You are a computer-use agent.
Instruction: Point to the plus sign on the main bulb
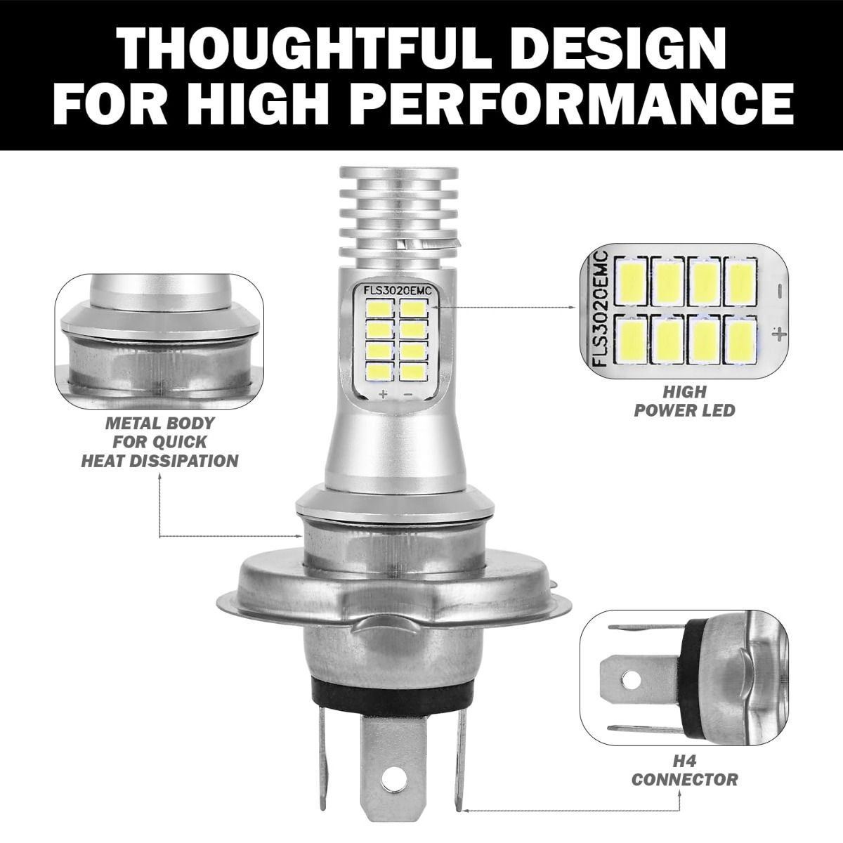(x=384, y=394)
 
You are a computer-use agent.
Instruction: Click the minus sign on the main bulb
(x=408, y=394)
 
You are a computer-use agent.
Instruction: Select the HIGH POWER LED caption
(x=685, y=401)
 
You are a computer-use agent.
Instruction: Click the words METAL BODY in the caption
(x=160, y=423)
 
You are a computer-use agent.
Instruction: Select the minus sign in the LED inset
(x=780, y=289)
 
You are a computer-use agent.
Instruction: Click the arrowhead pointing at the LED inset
(x=575, y=307)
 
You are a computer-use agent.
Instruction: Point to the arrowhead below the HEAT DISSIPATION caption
(x=159, y=478)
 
